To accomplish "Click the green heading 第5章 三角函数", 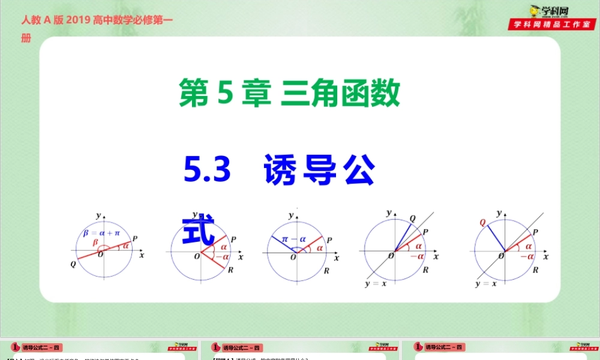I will click(289, 94).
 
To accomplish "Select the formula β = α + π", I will click(101, 233).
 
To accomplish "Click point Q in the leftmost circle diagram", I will click(73, 265).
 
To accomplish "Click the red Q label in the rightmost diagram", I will click(482, 222).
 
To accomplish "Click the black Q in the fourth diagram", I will click(412, 218).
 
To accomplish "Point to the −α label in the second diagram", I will click(222, 257).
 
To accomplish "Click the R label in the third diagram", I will click(326, 271).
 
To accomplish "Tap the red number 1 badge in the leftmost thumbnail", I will click(14, 347).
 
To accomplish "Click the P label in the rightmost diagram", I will click(535, 233).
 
